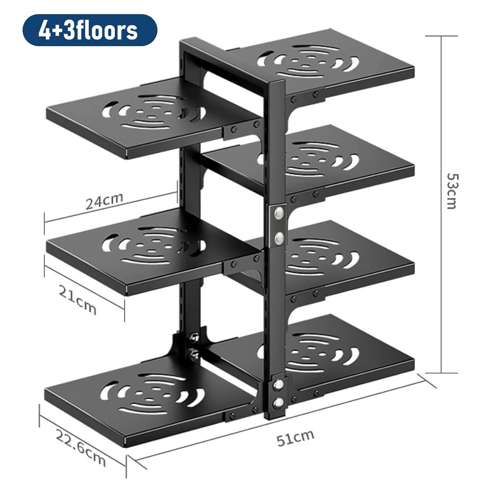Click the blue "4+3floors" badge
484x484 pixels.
tap(89, 30)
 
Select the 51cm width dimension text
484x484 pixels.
tap(295, 437)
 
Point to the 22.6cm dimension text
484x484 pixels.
tap(81, 447)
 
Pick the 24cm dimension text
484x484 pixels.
tap(104, 201)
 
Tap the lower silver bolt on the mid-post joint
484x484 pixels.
tap(278, 238)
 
